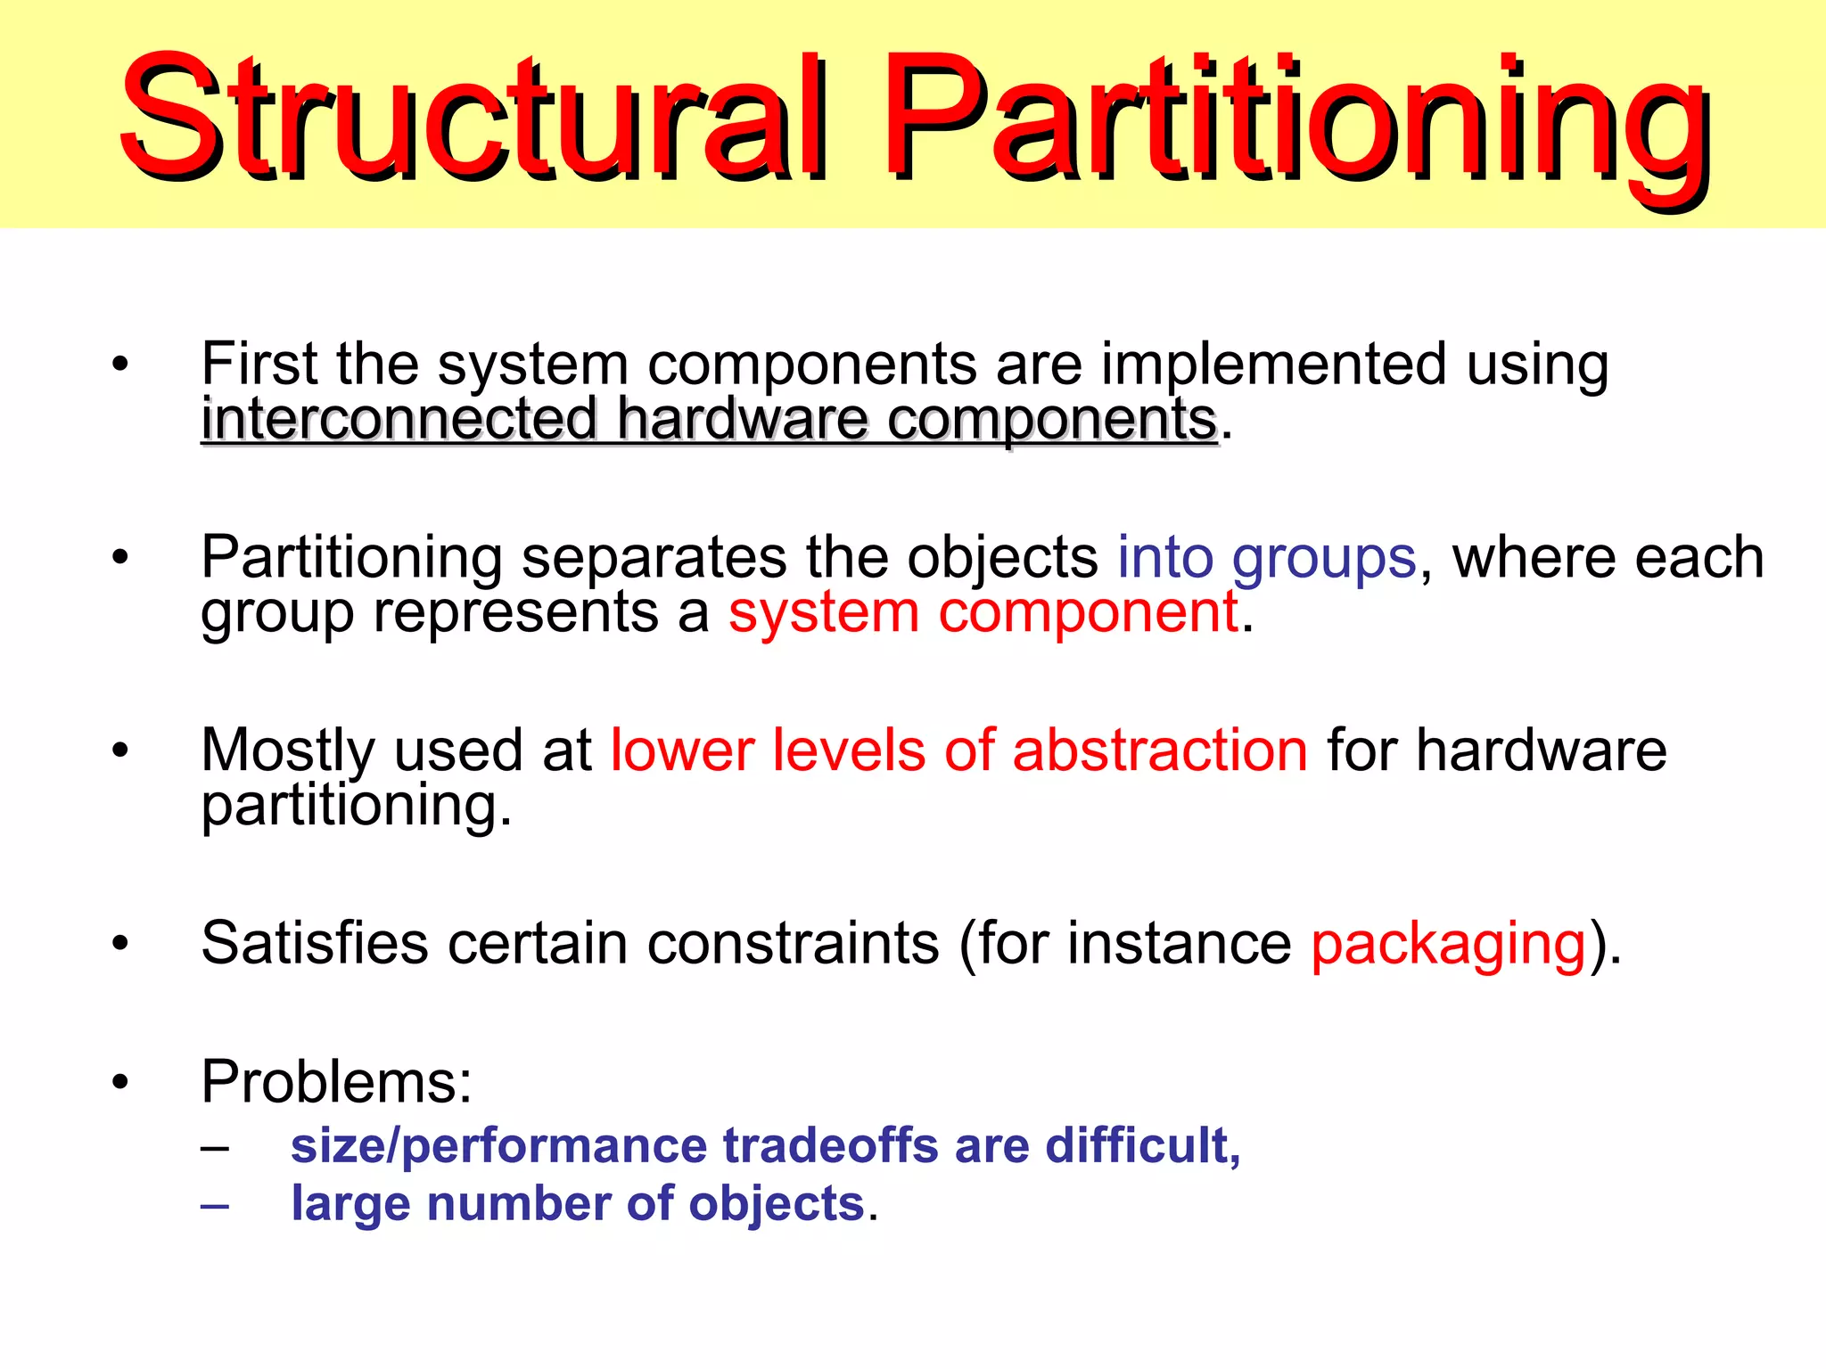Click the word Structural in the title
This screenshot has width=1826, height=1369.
point(473,116)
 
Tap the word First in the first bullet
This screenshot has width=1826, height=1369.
point(258,365)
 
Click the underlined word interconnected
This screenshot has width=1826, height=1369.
point(399,420)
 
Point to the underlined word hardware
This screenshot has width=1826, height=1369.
point(743,420)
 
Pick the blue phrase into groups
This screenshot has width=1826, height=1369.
point(1266,559)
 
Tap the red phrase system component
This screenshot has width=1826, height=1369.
point(983,614)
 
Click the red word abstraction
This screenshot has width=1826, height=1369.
point(1159,750)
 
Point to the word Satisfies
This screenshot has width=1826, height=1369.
point(315,944)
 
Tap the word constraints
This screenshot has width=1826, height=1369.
point(793,944)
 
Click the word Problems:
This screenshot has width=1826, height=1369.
point(336,1082)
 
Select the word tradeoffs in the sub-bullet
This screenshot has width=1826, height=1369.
point(830,1146)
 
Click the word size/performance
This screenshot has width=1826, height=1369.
point(498,1146)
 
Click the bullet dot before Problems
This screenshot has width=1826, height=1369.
point(120,1083)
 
